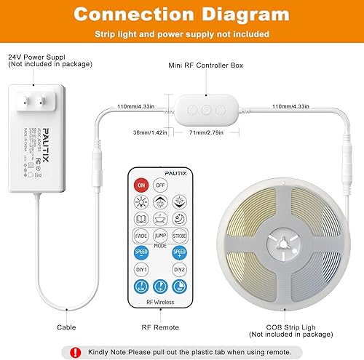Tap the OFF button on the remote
point(160,185)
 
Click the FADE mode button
point(141,236)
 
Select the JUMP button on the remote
point(160,236)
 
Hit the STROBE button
point(179,236)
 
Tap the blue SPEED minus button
point(141,253)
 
